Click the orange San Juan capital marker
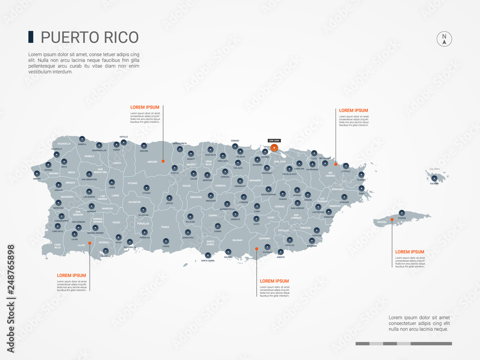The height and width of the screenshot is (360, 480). click(x=274, y=148)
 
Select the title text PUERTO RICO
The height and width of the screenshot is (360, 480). click(x=90, y=37)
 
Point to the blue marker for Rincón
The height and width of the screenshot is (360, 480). click(x=37, y=174)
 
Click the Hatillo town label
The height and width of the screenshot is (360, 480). click(x=124, y=137)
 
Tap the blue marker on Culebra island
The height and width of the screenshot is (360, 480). click(x=434, y=178)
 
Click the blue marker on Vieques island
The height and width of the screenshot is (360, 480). click(x=402, y=213)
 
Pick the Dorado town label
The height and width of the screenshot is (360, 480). click(x=235, y=141)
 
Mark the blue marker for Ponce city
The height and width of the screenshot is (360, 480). click(x=166, y=241)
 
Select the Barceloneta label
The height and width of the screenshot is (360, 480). click(x=180, y=143)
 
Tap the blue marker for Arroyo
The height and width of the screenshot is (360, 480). click(x=281, y=252)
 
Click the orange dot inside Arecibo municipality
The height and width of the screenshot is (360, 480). click(x=163, y=161)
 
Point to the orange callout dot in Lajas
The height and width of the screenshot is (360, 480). click(x=89, y=243)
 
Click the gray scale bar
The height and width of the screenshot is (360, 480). click(x=404, y=344)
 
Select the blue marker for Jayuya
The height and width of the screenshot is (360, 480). click(x=169, y=197)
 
